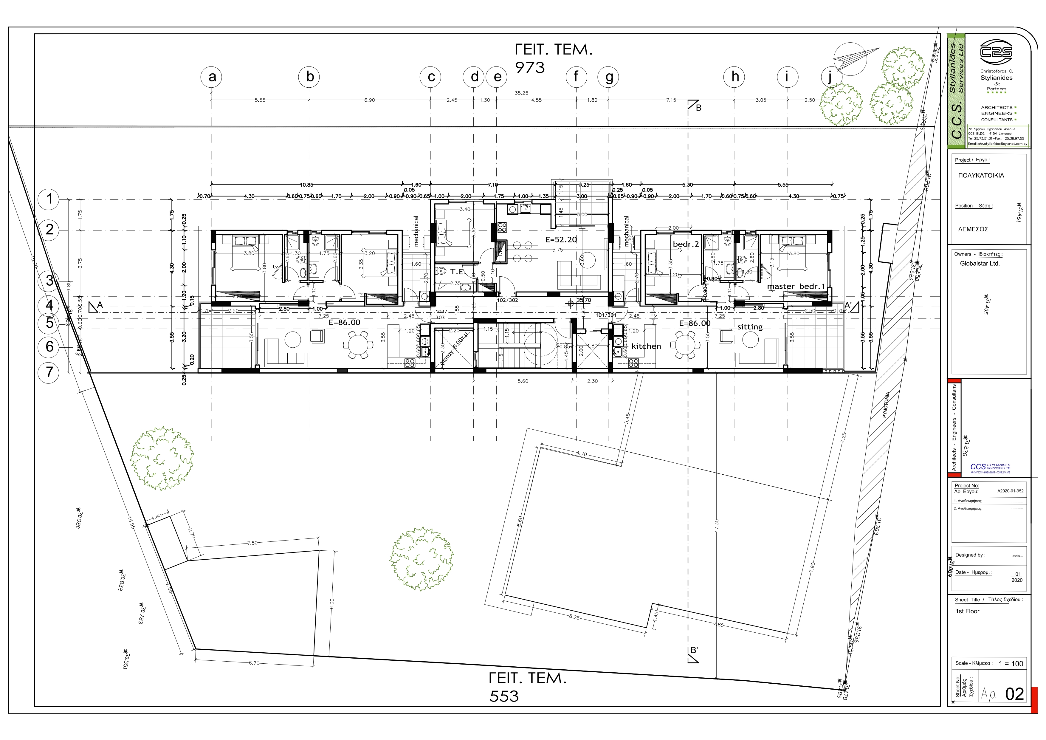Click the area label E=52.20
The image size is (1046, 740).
561,240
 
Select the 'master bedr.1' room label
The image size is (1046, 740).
796,287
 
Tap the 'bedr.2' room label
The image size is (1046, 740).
686,244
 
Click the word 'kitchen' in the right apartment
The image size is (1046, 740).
646,346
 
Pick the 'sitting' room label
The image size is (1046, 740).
750,327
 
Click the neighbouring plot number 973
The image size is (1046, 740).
530,67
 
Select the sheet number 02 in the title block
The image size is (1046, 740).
1015,694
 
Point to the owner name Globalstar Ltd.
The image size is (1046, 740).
980,263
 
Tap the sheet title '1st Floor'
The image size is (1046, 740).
967,611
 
